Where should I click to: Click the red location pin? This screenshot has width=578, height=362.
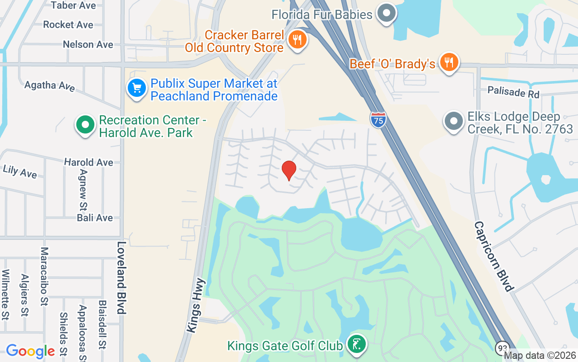coord(289,171)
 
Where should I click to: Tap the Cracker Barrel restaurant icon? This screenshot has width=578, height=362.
coord(297,40)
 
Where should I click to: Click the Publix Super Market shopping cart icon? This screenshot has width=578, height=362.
coord(136,88)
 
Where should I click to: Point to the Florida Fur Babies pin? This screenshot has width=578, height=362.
coord(386,14)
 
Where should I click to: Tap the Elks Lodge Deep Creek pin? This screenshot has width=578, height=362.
coord(453,122)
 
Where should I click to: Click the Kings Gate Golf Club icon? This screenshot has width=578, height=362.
coord(357,345)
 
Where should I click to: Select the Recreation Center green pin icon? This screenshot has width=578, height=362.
coord(85,125)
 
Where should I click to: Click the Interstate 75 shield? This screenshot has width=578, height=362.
coord(378,120)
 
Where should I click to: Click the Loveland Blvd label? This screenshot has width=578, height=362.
coord(121,277)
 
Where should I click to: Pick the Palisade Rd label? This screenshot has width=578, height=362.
coord(513,92)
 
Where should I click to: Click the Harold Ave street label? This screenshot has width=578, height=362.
coord(89,162)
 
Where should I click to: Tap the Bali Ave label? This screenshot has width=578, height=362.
coord(95,218)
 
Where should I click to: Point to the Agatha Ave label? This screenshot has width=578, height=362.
coord(50,86)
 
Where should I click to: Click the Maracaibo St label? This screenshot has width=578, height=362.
coord(44,276)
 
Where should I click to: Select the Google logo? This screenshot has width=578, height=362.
coord(30,351)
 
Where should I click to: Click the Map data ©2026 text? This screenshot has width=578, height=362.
coord(540,356)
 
